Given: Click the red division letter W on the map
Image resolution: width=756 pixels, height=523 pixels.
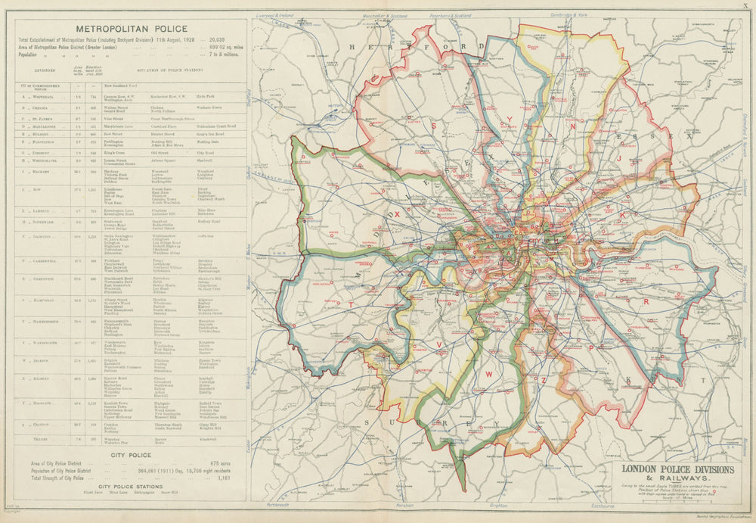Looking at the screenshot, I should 489,374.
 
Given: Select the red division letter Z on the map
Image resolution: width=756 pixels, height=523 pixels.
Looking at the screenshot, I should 544,379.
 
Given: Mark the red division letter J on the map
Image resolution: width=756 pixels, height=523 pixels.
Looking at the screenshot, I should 618,159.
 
